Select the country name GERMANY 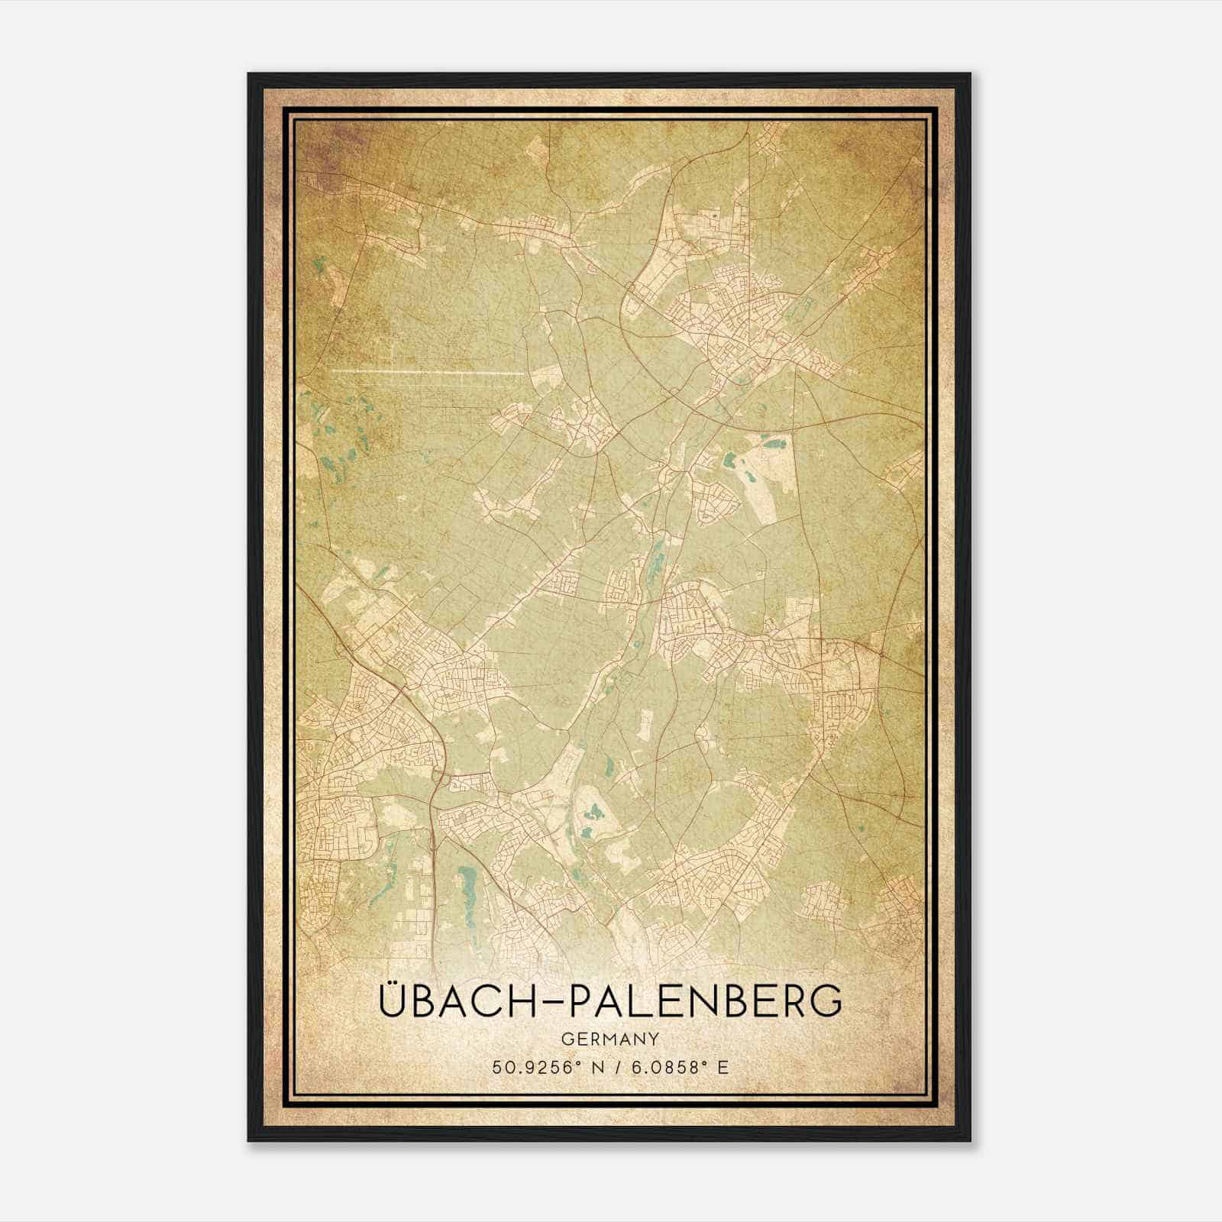(x=610, y=1039)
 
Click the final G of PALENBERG (x=826, y=1001)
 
